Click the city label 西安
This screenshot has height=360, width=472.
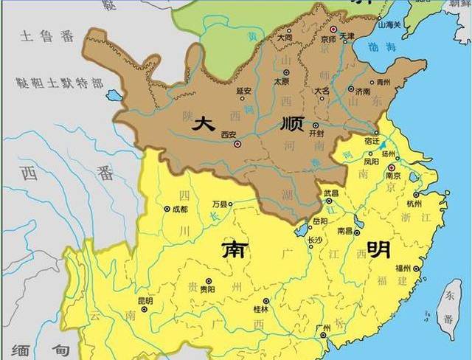tap(227, 135)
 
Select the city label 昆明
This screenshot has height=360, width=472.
tap(145, 301)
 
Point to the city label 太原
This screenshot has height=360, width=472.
tap(281, 81)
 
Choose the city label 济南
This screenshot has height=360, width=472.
tap(364, 90)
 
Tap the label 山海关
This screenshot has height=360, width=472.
tap(389, 25)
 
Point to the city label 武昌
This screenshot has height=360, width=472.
tap(332, 193)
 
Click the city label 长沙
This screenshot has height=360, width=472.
tap(314, 240)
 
